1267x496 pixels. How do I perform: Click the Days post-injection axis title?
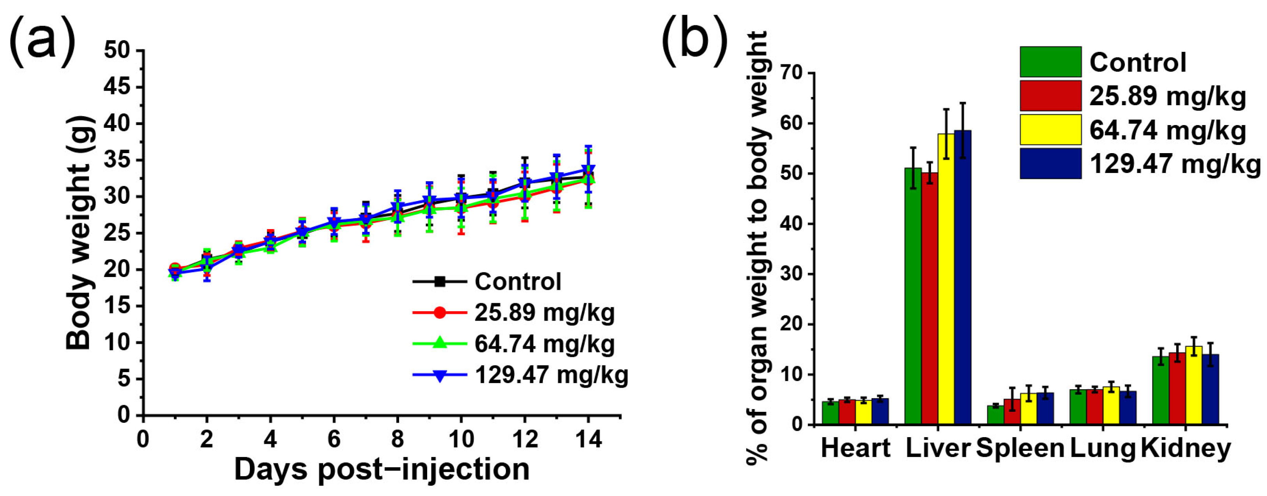(x=382, y=469)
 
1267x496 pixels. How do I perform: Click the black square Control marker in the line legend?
(x=440, y=282)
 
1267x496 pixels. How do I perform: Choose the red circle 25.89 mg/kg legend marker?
(x=440, y=312)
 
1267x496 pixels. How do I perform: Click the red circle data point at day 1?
(x=175, y=268)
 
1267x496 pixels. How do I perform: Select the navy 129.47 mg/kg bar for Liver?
(x=963, y=277)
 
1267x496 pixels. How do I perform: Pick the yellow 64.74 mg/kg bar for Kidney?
(x=1194, y=385)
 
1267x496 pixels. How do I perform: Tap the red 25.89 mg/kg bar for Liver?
(x=929, y=298)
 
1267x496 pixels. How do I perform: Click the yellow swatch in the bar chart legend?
(x=1051, y=130)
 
